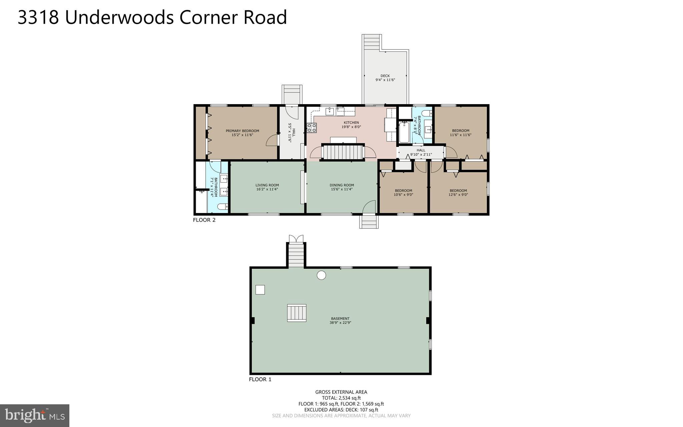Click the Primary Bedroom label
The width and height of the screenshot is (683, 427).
242,131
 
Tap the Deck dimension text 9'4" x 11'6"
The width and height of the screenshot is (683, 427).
385,80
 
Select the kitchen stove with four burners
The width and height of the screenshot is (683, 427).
312,128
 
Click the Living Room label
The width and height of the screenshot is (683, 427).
267,185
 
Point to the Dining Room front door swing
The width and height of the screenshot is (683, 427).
369,207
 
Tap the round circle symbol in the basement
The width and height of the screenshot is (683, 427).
321,275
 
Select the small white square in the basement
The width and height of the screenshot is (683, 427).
260,290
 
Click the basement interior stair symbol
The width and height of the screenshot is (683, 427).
296,313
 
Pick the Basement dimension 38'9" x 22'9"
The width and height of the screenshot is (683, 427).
340,323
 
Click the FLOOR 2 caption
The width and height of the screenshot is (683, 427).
204,220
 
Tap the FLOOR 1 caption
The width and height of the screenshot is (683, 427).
260,380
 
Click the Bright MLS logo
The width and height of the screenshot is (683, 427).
35,416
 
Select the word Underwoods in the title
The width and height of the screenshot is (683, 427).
119,17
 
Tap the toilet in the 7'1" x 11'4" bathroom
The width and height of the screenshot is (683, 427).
222,207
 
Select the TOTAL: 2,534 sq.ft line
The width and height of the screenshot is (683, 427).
341,398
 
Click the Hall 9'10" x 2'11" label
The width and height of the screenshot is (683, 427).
421,152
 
